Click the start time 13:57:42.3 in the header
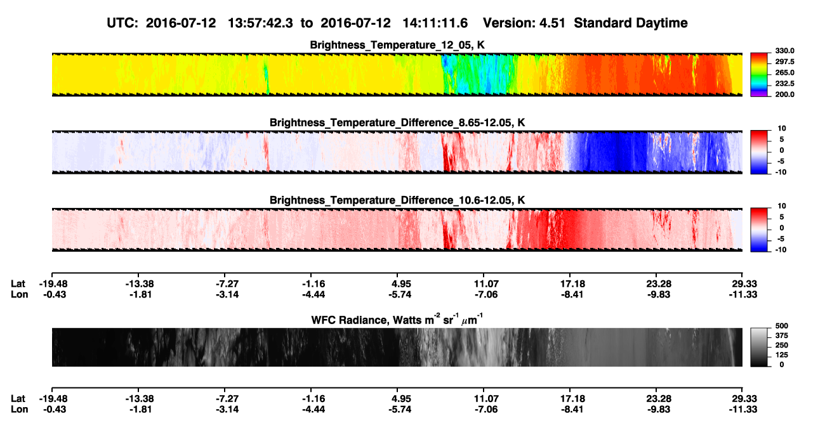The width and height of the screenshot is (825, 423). [260, 23]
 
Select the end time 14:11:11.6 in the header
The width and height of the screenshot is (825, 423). [435, 23]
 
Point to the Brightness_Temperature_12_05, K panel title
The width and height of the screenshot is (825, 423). [397, 45]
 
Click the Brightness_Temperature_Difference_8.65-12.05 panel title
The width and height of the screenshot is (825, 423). [397, 122]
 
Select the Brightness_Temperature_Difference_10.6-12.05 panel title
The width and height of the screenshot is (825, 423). [397, 200]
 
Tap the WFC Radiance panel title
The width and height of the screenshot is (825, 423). [397, 320]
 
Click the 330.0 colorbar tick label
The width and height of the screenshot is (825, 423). [784, 51]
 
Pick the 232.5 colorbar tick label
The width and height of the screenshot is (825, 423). [784, 84]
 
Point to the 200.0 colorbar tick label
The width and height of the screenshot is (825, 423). [784, 94]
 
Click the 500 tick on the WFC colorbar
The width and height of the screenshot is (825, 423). [782, 326]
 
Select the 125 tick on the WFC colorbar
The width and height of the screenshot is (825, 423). [782, 355]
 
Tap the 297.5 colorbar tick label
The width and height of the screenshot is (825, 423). [784, 62]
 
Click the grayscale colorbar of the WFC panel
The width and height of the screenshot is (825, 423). [759, 347]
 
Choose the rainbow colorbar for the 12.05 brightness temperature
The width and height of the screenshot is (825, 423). [759, 75]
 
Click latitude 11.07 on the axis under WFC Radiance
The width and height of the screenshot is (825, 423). [486, 399]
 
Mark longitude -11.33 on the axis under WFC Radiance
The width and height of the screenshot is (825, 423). [743, 410]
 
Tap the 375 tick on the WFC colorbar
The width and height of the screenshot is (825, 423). [782, 335]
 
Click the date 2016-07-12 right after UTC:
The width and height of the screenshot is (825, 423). [181, 23]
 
